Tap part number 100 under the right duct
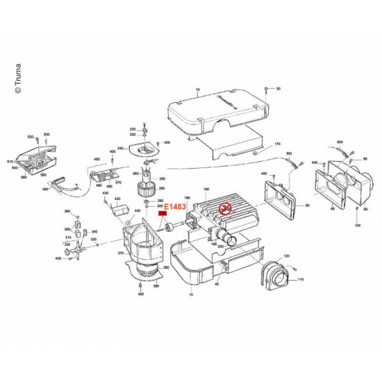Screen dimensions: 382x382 coord(358,227)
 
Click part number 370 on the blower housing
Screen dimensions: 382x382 coord(122,254)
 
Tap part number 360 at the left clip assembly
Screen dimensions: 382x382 coord(67,211)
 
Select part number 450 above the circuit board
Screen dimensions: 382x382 coord(96,159)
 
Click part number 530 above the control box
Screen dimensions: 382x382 coord(47,133)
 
